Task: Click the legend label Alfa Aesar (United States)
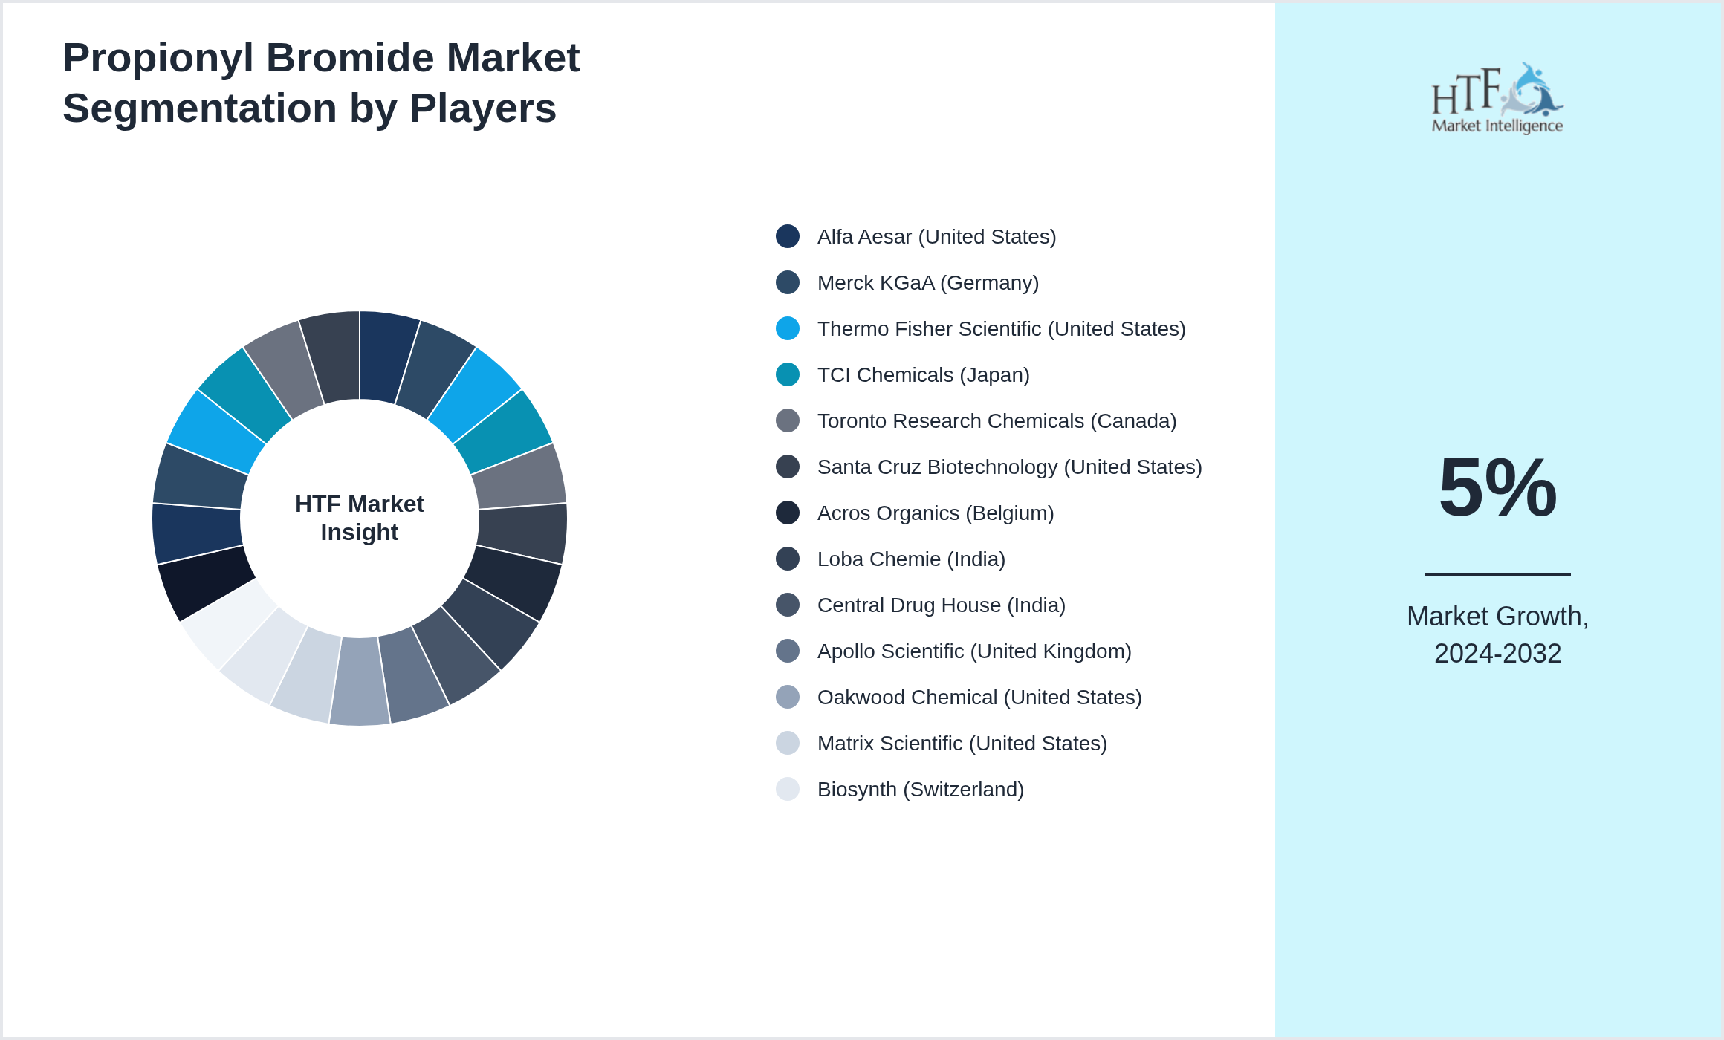coord(936,237)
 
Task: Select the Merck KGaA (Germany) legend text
coord(927,283)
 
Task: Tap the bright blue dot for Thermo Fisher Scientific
coord(788,328)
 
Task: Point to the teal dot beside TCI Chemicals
coord(788,374)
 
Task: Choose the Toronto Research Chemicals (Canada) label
coord(997,421)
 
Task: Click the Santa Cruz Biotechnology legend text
coord(1009,467)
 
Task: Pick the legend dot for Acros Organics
coord(788,513)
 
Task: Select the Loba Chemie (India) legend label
coord(911,559)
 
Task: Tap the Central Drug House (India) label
coord(941,605)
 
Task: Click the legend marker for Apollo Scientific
coord(788,651)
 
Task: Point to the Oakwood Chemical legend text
coord(979,698)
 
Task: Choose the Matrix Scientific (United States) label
coord(962,744)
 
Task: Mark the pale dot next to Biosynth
coord(788,789)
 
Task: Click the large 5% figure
coord(1497,488)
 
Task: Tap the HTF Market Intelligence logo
coord(1497,99)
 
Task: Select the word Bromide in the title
coord(349,58)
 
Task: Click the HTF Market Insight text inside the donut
coord(360,518)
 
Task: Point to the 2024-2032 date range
coord(1497,654)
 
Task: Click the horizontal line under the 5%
coord(1497,574)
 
